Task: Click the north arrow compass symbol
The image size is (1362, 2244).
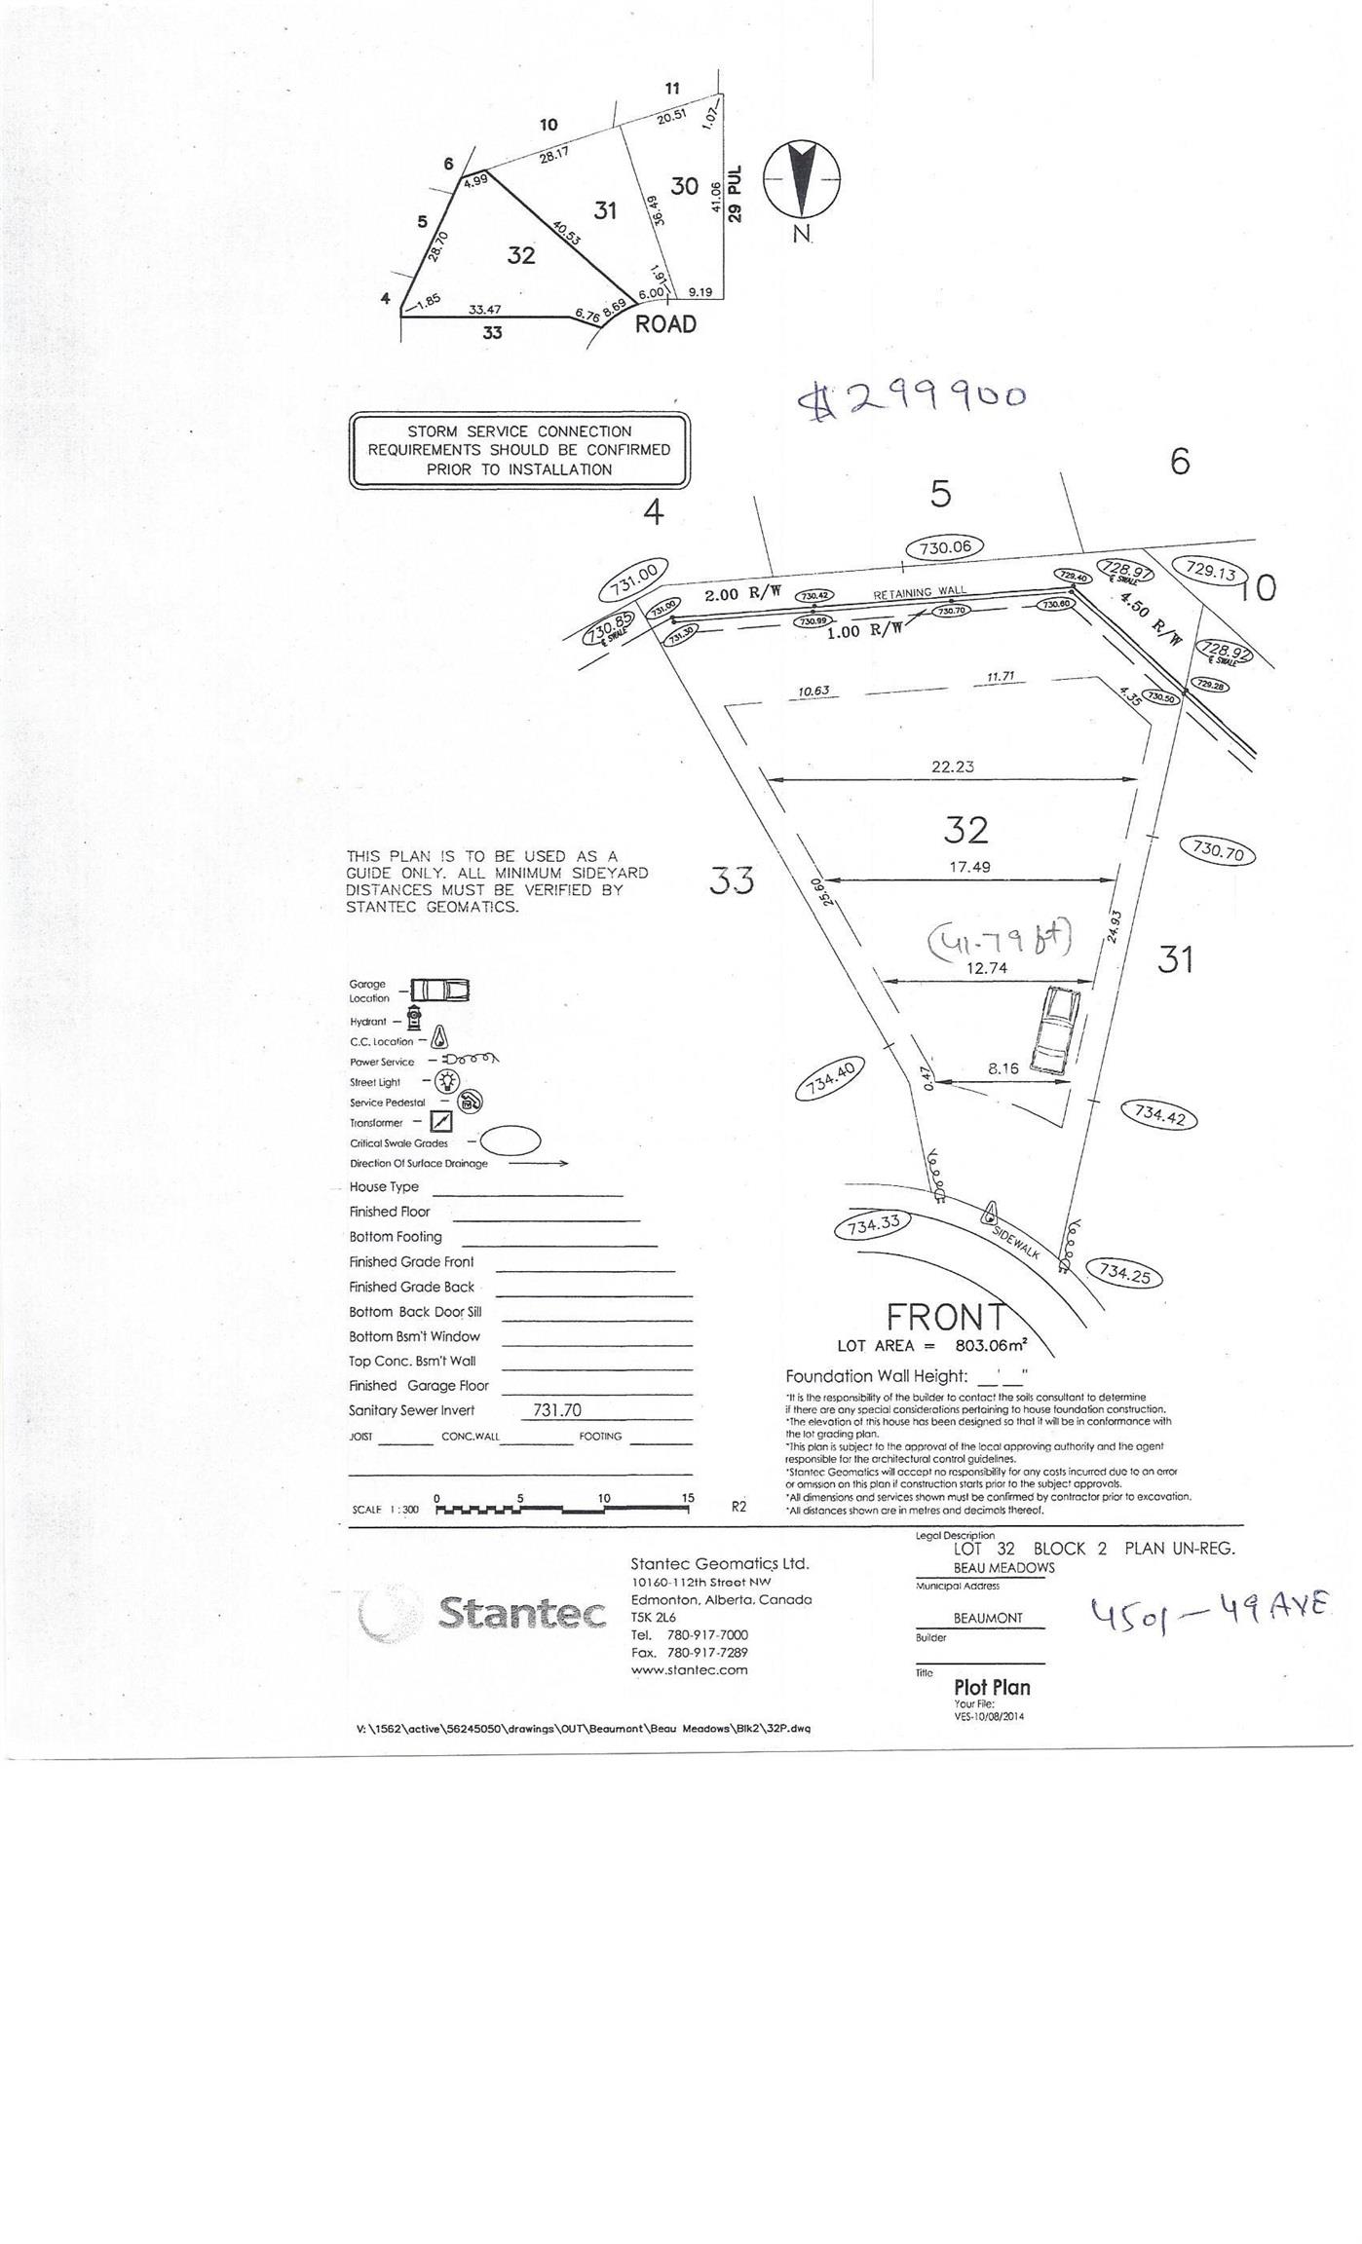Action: point(801,180)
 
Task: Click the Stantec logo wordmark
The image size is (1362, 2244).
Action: point(523,1612)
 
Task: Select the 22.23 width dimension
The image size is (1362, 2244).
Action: point(952,767)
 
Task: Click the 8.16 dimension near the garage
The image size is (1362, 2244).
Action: point(1003,1067)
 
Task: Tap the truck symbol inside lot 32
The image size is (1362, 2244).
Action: point(1053,1030)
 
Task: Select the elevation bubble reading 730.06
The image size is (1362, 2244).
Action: point(944,547)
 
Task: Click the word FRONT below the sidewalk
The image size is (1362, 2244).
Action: point(944,1317)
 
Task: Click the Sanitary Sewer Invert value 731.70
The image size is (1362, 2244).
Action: point(557,1409)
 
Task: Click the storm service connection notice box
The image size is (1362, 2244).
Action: point(519,450)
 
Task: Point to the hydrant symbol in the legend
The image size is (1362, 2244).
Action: point(414,1019)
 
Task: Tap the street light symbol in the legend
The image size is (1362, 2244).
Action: point(446,1080)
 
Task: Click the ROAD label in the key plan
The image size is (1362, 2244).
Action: point(665,324)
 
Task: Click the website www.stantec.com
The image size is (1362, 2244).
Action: point(689,1669)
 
